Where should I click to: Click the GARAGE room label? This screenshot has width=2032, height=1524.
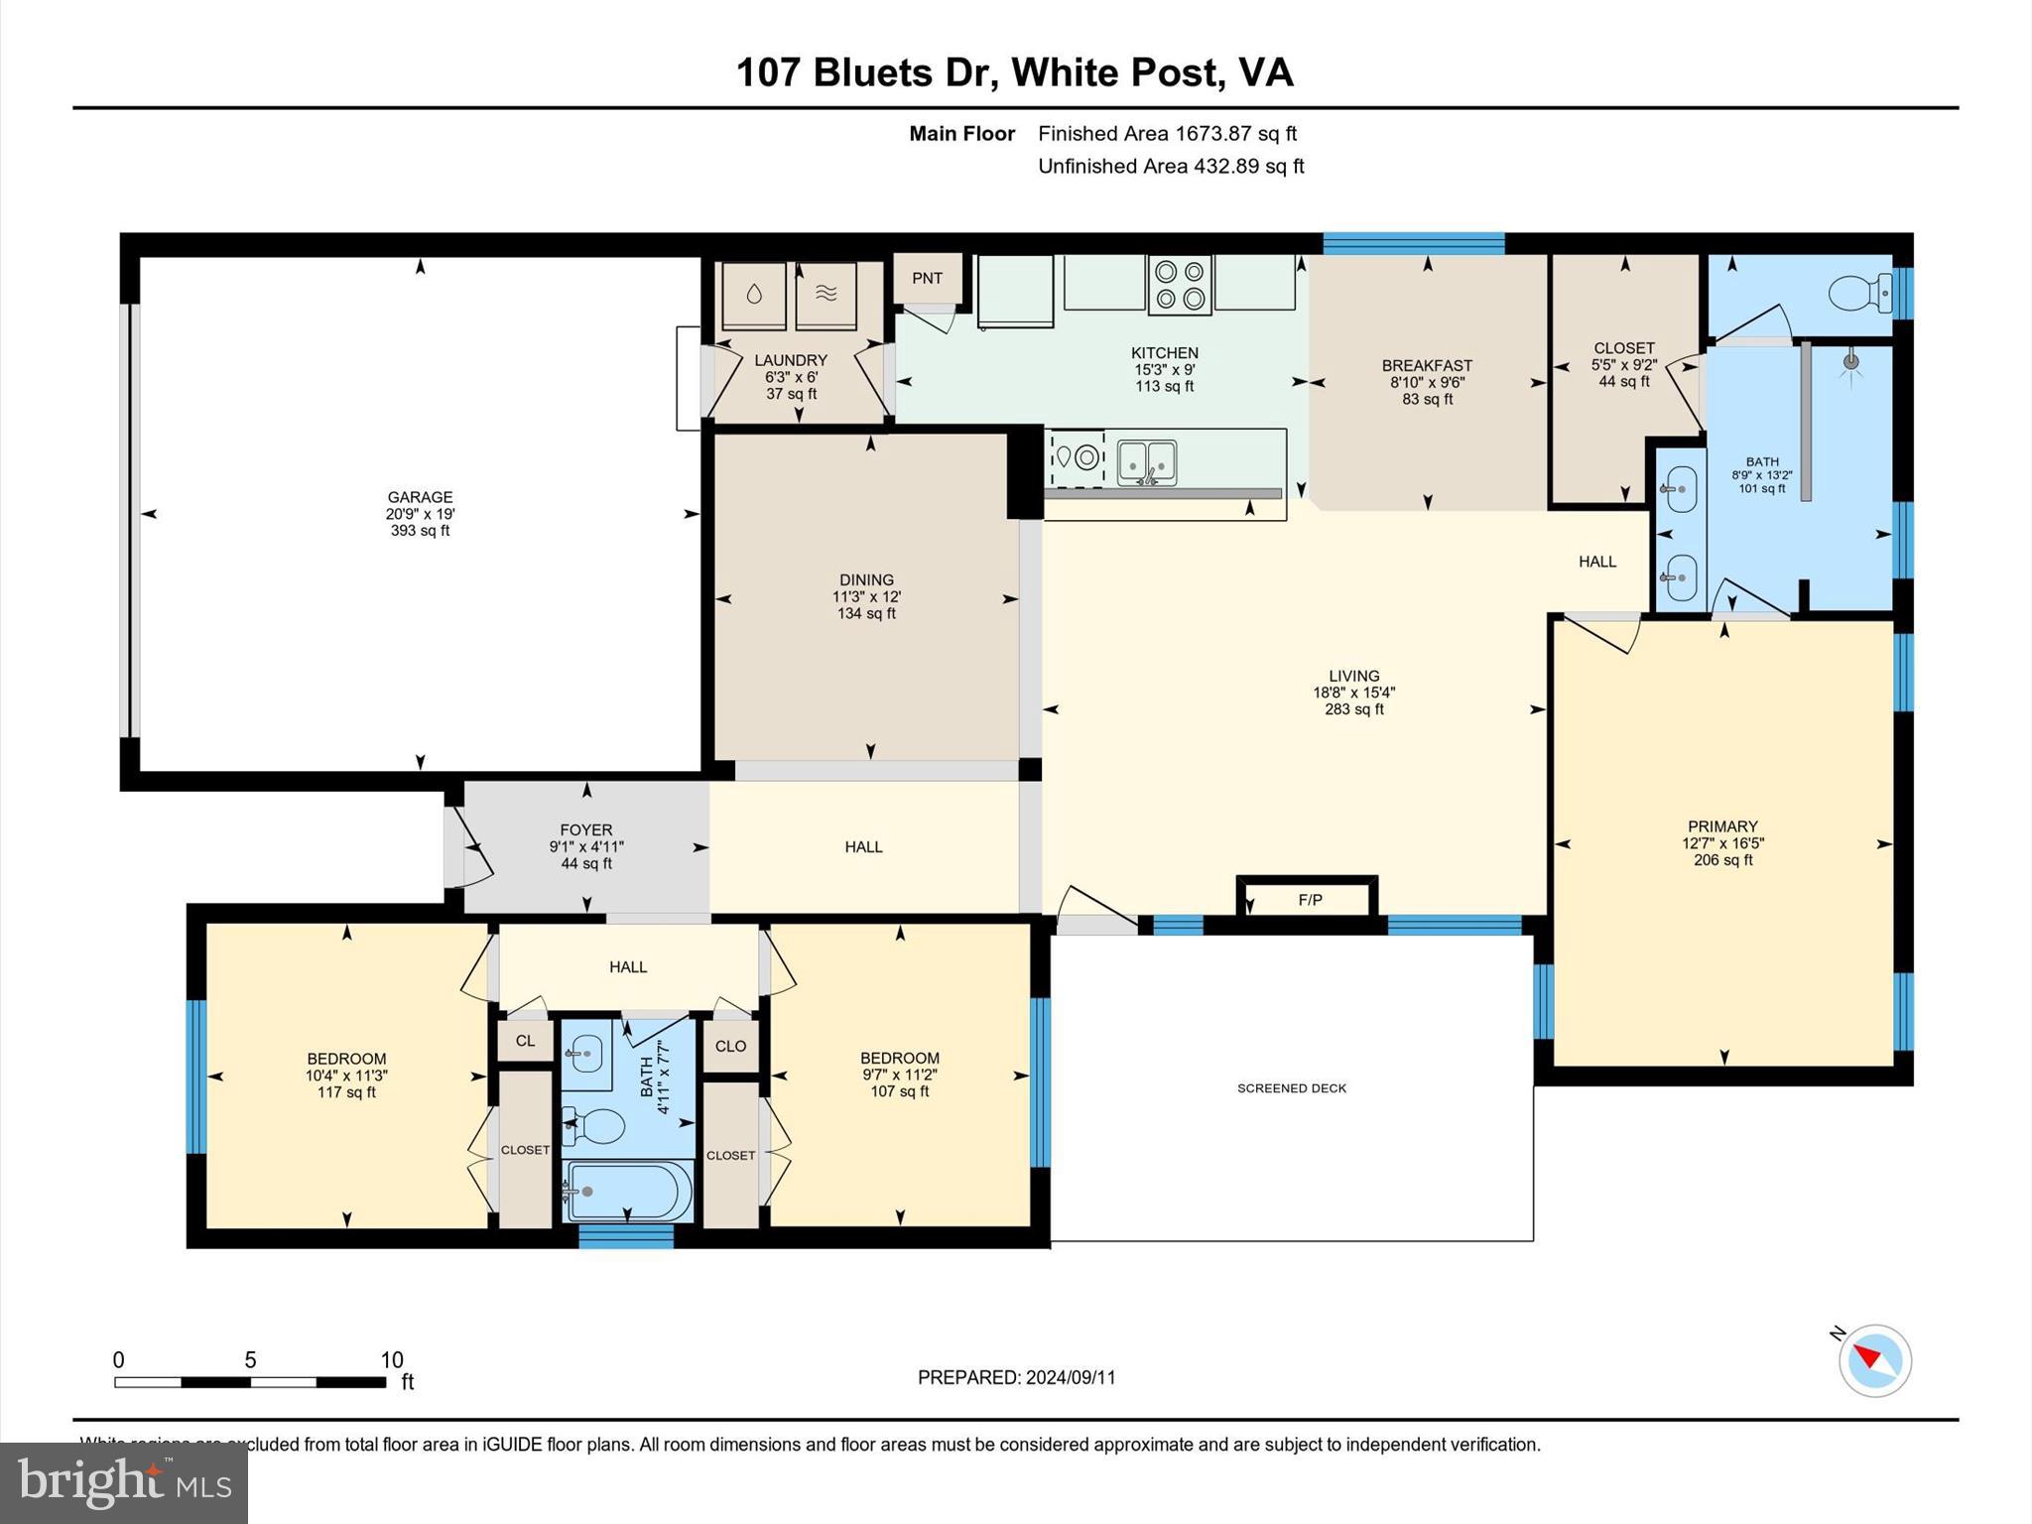[420, 497]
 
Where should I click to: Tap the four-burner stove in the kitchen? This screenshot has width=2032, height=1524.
[1180, 285]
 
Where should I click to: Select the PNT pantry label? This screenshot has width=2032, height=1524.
[927, 278]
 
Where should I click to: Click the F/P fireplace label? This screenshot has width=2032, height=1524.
[1310, 900]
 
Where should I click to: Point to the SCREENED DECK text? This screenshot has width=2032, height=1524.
[1292, 1088]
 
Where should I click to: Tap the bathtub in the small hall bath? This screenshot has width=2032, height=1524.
[627, 1191]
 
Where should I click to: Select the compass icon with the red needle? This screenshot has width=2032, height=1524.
[1874, 1360]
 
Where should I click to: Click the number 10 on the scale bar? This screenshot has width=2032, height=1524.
[392, 1360]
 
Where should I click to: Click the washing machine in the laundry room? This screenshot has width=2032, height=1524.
[754, 295]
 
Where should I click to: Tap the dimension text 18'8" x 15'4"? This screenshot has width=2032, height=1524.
[1353, 693]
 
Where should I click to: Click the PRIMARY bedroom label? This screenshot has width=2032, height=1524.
[1722, 826]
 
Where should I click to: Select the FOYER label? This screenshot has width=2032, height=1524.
[586, 829]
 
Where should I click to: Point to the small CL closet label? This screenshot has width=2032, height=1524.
[525, 1041]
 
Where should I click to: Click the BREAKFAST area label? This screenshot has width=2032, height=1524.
[1427, 365]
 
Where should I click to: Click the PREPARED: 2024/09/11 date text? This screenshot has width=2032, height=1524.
[1016, 1377]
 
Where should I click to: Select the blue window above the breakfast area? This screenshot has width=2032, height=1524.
[1413, 243]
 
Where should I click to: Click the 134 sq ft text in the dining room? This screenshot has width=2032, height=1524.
[866, 613]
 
